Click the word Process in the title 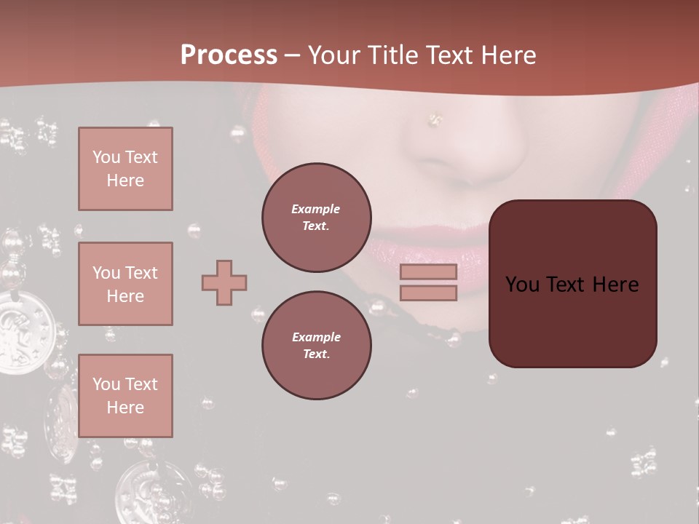click(x=229, y=55)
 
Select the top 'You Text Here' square click(x=125, y=169)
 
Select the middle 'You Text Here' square click(x=125, y=284)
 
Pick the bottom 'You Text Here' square click(x=125, y=396)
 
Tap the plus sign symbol click(x=224, y=282)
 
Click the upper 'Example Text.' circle click(x=316, y=218)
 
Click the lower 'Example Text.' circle click(x=316, y=346)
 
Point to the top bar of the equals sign click(x=428, y=271)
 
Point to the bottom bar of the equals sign click(x=428, y=293)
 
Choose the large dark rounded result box click(x=572, y=284)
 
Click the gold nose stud click(x=435, y=119)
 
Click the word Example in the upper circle click(x=316, y=209)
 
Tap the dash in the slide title click(x=292, y=55)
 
